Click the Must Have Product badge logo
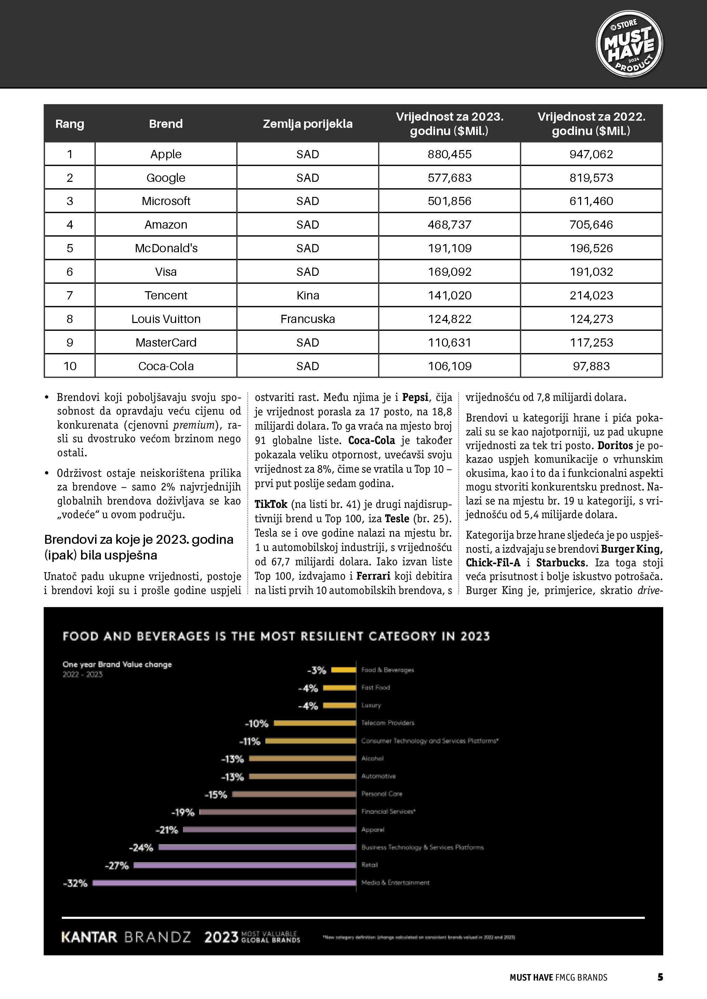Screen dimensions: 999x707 pyautogui.click(x=629, y=44)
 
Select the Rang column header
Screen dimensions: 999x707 pyautogui.click(x=70, y=124)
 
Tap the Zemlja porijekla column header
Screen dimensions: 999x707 pyautogui.click(x=307, y=124)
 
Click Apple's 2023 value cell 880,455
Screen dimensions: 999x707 pyautogui.click(x=449, y=154)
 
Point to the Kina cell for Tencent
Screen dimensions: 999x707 pyautogui.click(x=307, y=295)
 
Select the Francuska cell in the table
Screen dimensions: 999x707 pyautogui.click(x=307, y=319)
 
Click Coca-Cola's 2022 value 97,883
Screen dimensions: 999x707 pyautogui.click(x=591, y=366)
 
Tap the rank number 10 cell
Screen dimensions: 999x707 pyautogui.click(x=70, y=366)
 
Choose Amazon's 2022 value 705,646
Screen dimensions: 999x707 pyautogui.click(x=591, y=225)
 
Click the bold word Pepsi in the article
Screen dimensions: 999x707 pyautogui.click(x=415, y=397)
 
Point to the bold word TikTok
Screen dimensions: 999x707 pyautogui.click(x=271, y=504)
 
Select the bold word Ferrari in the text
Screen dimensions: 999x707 pyautogui.click(x=373, y=576)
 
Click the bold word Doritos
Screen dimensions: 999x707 pyautogui.click(x=615, y=446)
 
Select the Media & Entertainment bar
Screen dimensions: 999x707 pyautogui.click(x=224, y=883)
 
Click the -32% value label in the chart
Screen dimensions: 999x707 pyautogui.click(x=75, y=883)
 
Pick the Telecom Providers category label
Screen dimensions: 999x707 pyautogui.click(x=388, y=723)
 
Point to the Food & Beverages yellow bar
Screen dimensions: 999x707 pyautogui.click(x=343, y=670)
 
